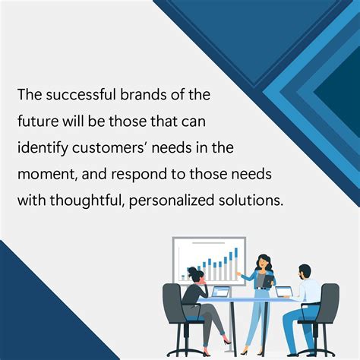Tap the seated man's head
[x=304, y=271]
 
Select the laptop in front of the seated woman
[x=220, y=292]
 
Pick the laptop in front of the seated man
[x=283, y=292]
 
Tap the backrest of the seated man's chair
[x=330, y=300]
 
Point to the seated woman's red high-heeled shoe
[x=227, y=339]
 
